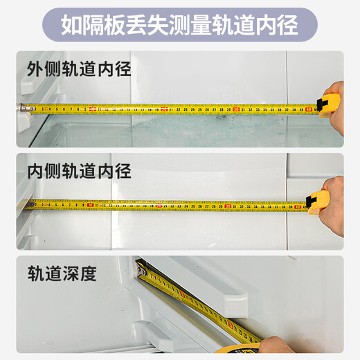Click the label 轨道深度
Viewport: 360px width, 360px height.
62,272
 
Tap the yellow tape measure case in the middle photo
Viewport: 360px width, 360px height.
318,202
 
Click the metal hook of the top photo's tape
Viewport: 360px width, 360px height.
24,107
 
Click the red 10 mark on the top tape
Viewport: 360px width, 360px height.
92,109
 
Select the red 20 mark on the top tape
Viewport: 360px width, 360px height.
164,109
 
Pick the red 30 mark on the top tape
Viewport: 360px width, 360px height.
236,109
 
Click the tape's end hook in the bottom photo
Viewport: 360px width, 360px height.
143,274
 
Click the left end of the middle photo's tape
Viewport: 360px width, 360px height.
29,206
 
